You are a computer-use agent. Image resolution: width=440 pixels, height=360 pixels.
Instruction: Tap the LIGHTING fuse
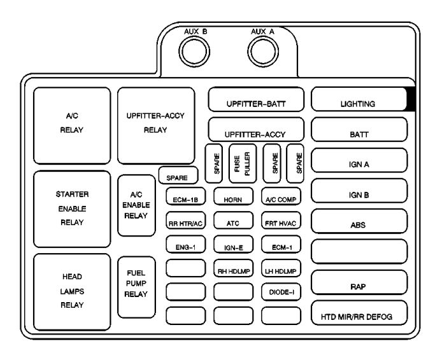point(358,102)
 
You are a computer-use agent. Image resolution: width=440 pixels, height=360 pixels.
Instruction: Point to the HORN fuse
point(232,199)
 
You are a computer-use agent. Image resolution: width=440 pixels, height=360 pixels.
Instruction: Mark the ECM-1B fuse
point(184,199)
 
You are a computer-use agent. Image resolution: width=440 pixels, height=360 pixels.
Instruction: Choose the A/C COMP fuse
point(281,199)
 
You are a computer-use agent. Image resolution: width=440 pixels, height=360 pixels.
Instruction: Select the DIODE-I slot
point(281,293)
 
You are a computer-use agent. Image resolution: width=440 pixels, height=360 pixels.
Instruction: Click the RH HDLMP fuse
point(232,270)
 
